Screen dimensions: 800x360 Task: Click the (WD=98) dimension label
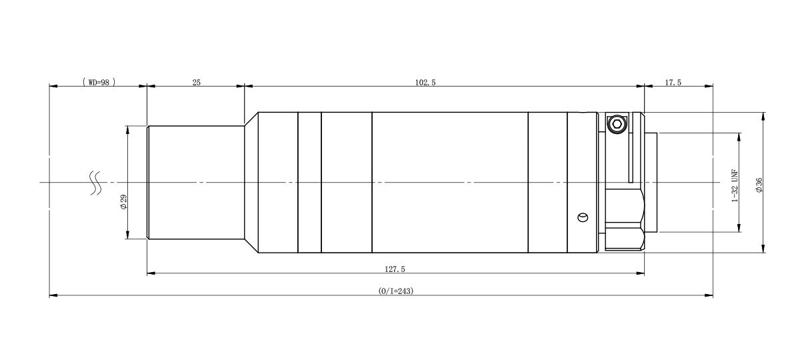pyautogui.click(x=99, y=83)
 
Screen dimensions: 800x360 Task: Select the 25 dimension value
pyautogui.click(x=197, y=83)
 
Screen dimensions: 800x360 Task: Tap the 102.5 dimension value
pyautogui.click(x=425, y=83)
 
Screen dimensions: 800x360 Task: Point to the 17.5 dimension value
pyautogui.click(x=673, y=83)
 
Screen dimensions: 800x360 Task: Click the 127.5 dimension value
pyautogui.click(x=395, y=269)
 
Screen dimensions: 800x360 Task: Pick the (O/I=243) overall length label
pyautogui.click(x=396, y=291)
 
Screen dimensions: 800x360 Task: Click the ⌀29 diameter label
pyautogui.click(x=123, y=202)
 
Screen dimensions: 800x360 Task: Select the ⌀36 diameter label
pyautogui.click(x=759, y=185)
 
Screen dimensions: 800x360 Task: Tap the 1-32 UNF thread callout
pyautogui.click(x=735, y=186)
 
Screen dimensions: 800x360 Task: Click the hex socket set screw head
pyautogui.click(x=617, y=124)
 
